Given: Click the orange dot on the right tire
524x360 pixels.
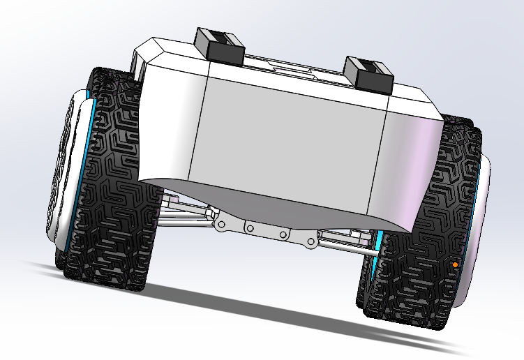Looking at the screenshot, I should pyautogui.click(x=455, y=265).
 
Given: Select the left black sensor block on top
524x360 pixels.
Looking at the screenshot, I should pyautogui.click(x=220, y=45).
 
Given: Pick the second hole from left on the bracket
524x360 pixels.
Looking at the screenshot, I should pyautogui.click(x=248, y=229).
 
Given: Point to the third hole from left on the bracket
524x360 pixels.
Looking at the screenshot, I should pyautogui.click(x=283, y=235).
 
